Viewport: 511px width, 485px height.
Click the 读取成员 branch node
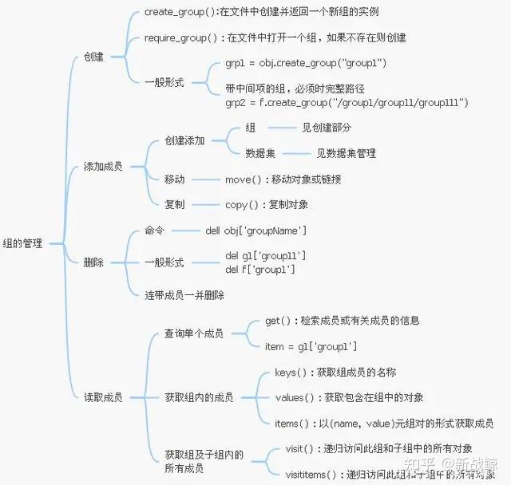[x=103, y=396]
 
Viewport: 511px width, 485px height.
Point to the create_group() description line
[x=261, y=12]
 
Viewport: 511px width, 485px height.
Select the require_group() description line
[x=275, y=37]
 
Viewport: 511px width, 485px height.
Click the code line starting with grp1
[x=302, y=63]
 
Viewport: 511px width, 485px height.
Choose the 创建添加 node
[x=184, y=140]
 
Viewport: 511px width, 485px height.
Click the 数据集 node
[x=260, y=153]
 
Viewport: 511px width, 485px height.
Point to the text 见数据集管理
[x=346, y=153]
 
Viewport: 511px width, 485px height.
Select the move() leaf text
[x=283, y=179]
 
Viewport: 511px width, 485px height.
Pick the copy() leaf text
[x=267, y=205]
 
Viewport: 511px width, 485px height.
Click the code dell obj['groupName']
[x=255, y=231]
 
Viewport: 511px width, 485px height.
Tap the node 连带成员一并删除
[x=184, y=294]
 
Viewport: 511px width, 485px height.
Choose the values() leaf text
[x=349, y=397]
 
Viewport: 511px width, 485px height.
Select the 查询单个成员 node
[x=194, y=333]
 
